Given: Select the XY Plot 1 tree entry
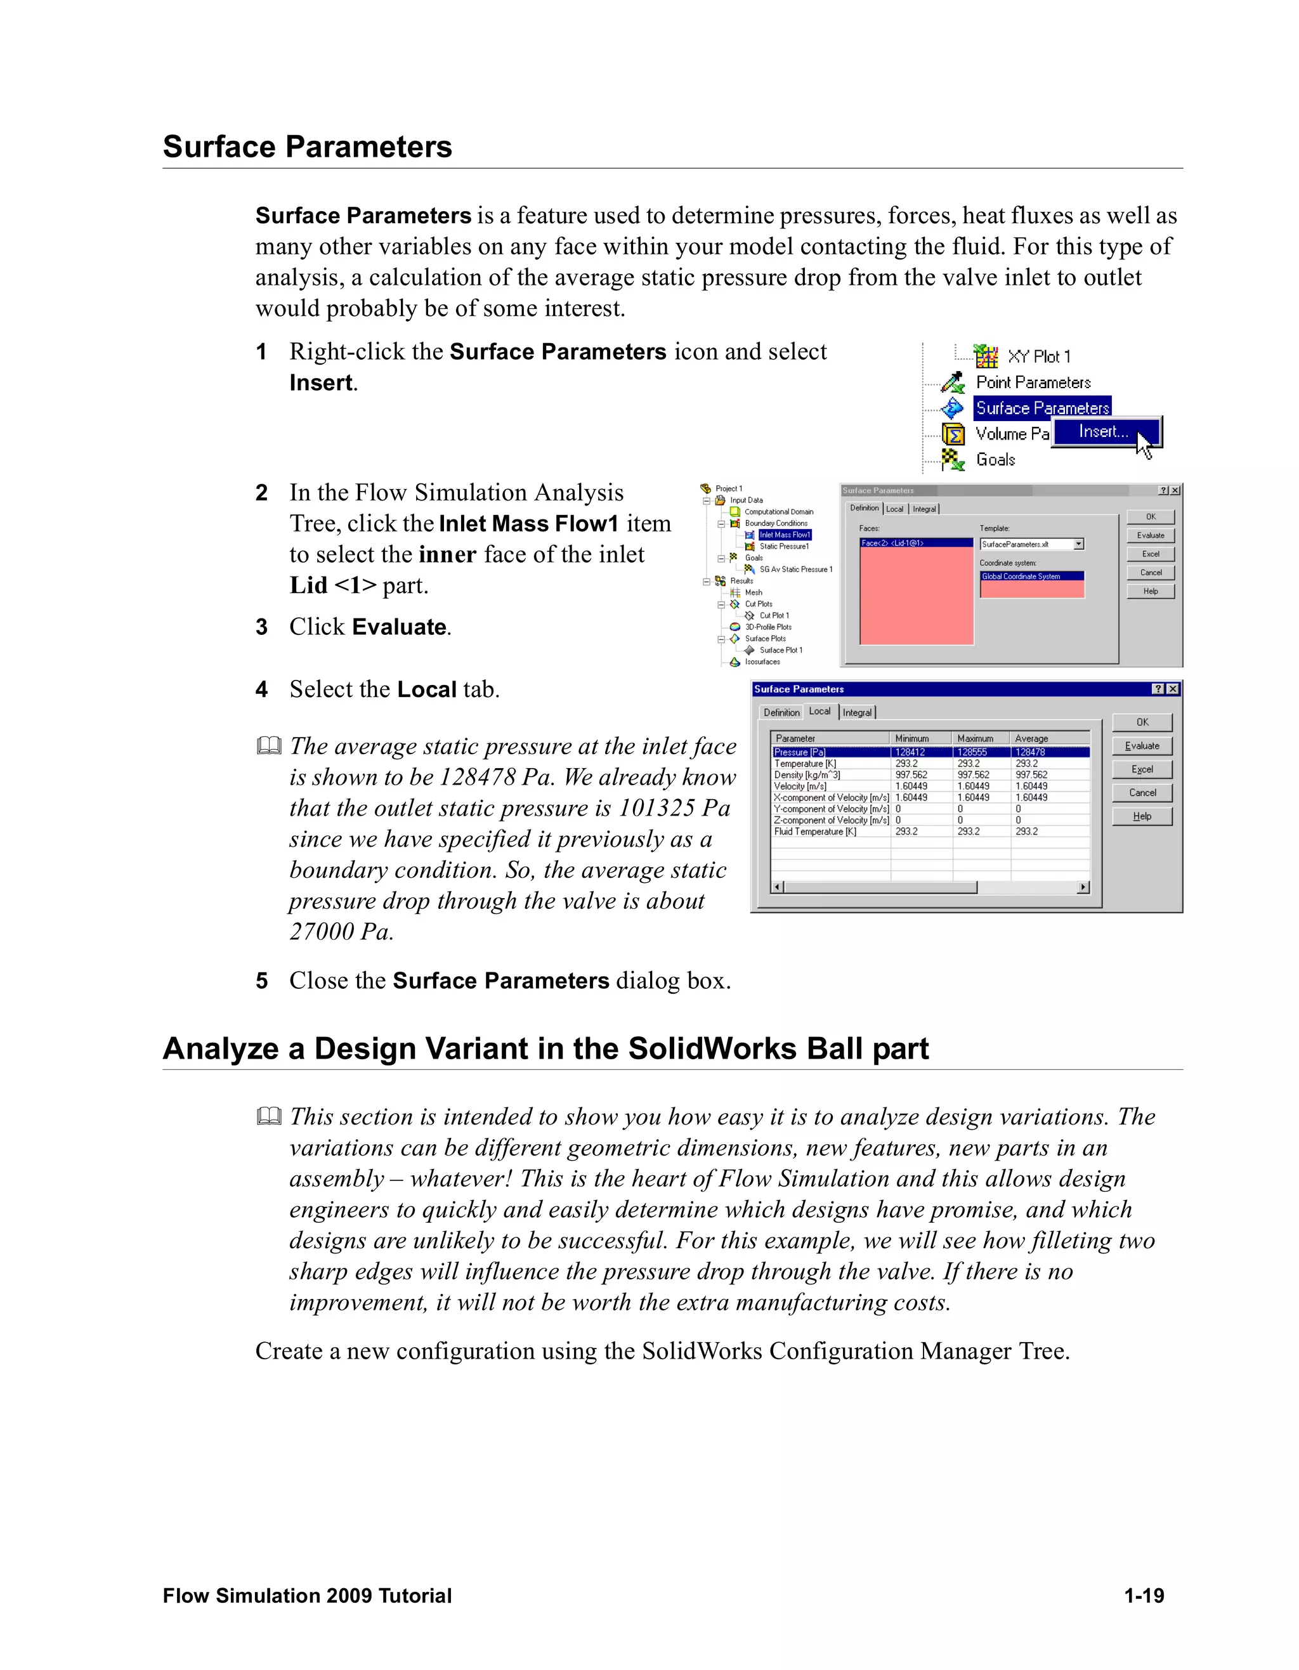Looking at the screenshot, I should coord(1038,356).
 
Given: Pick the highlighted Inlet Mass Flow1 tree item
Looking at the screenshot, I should coord(785,535).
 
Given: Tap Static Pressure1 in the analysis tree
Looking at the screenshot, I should coord(784,546).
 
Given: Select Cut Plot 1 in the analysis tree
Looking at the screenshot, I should coord(774,615).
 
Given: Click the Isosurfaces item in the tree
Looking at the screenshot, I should coord(762,662).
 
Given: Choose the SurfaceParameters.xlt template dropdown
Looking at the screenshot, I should coord(1031,544).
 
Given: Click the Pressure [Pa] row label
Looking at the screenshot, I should coord(800,752).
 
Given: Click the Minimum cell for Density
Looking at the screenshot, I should coord(911,774).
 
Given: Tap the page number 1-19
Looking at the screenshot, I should coord(1143,1596).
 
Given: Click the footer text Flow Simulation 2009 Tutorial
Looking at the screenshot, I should coord(308,1596).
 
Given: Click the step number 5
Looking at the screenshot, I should coord(261,981).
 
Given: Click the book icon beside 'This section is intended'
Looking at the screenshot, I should coord(269,1116).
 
